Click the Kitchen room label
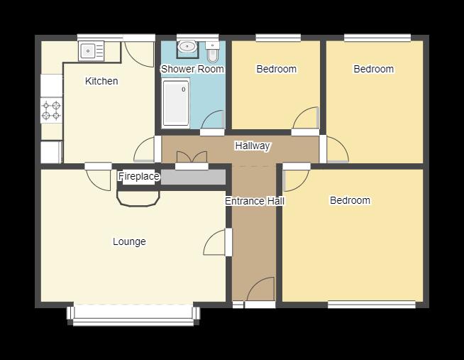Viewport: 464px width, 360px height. coord(101,81)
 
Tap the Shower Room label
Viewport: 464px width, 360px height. coord(192,69)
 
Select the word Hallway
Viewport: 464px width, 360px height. coord(253,146)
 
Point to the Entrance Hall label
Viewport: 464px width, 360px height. coord(255,201)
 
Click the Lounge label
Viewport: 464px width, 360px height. coord(129,241)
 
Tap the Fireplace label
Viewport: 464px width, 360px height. coord(139,176)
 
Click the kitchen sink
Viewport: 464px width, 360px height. coord(91,51)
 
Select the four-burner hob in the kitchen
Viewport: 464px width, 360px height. coord(51,110)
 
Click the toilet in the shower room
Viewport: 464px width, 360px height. coord(212,52)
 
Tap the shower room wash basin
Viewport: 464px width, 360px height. coord(187,47)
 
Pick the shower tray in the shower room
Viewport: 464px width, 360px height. coord(176,102)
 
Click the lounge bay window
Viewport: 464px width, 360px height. coord(133,315)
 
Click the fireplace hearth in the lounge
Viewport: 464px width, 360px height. coord(138,198)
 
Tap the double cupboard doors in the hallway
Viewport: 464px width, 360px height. coord(192,157)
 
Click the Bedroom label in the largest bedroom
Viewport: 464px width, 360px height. coord(350,200)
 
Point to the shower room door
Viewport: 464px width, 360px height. coord(212,120)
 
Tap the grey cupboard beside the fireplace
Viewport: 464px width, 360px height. coord(193,178)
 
